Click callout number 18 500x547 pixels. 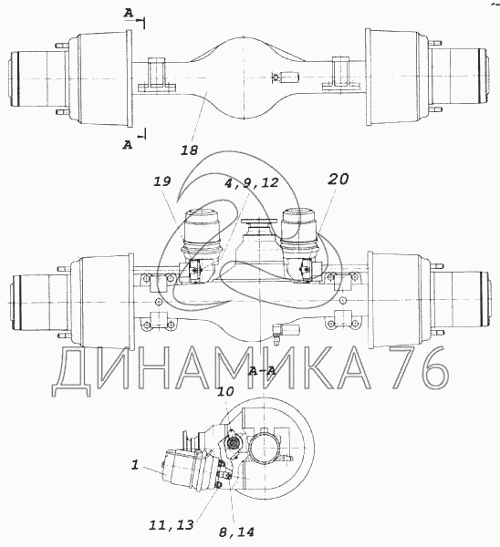pyautogui.click(x=189, y=150)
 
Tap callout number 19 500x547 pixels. pyautogui.click(x=161, y=181)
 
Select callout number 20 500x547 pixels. pyautogui.click(x=338, y=179)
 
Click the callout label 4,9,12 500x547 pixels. pyautogui.click(x=251, y=182)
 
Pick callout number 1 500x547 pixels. pyautogui.click(x=135, y=465)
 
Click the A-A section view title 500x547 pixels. pyautogui.click(x=262, y=371)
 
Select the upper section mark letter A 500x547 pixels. pyautogui.click(x=129, y=14)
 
